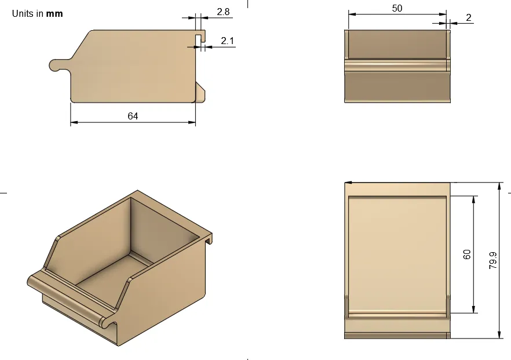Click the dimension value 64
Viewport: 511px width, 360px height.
[133, 116]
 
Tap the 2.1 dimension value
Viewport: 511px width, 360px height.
[228, 41]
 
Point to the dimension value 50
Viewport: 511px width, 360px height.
[397, 8]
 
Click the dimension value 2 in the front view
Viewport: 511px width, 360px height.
[468, 17]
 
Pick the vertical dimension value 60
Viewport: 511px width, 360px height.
[468, 254]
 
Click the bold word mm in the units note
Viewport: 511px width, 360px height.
[54, 13]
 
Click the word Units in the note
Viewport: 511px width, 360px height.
[24, 13]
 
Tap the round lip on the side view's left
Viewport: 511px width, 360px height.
[55, 65]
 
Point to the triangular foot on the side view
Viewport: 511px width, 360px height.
[200, 92]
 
